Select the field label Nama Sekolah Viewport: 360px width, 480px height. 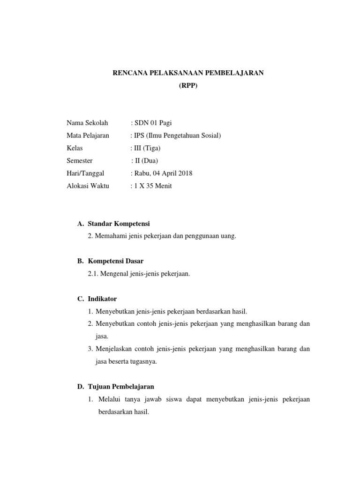pyautogui.click(x=87, y=123)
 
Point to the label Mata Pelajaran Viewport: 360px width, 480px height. pyautogui.click(x=88, y=135)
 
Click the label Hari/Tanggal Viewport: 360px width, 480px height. pyautogui.click(x=85, y=173)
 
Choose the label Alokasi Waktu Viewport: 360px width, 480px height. pyautogui.click(x=88, y=186)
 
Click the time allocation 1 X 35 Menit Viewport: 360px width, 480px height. pyautogui.click(x=153, y=186)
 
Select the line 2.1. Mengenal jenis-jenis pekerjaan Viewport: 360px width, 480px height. pyautogui.click(x=139, y=274)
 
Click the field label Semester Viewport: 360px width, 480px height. pyautogui.click(x=80, y=161)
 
